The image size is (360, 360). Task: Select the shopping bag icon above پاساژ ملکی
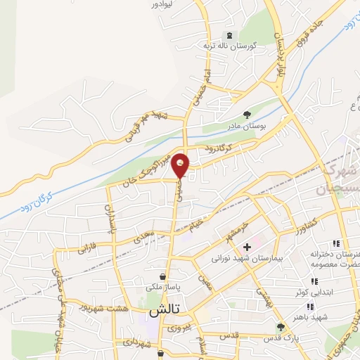[163, 276]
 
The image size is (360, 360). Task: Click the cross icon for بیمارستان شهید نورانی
[247, 247]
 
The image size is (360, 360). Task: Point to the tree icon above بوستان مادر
[245, 114]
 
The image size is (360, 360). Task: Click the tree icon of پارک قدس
[280, 326]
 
